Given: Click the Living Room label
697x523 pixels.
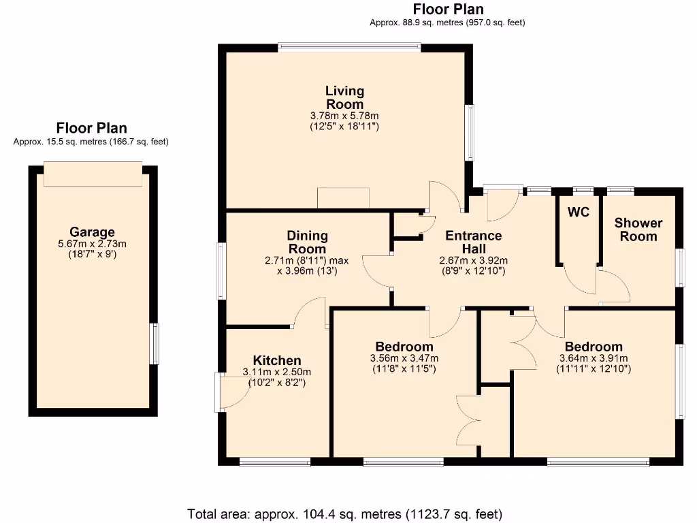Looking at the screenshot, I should click(x=344, y=97).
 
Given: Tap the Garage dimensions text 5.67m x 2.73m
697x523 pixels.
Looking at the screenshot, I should click(x=92, y=244).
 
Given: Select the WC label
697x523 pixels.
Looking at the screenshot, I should click(x=578, y=212).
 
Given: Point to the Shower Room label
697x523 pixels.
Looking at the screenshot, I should click(x=638, y=229).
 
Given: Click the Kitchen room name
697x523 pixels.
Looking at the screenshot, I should click(x=277, y=360).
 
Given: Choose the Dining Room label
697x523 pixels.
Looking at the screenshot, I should click(x=308, y=242).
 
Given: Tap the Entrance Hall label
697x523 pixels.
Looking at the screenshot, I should click(x=473, y=242).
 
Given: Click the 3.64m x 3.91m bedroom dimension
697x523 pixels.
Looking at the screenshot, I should click(x=593, y=358).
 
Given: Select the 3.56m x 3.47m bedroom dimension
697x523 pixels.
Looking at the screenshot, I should click(x=404, y=358).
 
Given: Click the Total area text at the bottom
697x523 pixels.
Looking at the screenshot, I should click(x=344, y=513).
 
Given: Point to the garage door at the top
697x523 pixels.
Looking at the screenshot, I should click(x=93, y=174).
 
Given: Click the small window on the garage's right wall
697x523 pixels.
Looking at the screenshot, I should click(x=156, y=344).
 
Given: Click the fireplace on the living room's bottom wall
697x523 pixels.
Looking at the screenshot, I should click(x=343, y=198).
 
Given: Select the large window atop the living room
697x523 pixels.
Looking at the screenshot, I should click(x=349, y=47).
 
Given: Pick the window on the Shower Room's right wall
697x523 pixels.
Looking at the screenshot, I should click(x=679, y=267).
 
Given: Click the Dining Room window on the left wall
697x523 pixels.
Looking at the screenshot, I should click(x=221, y=270).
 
